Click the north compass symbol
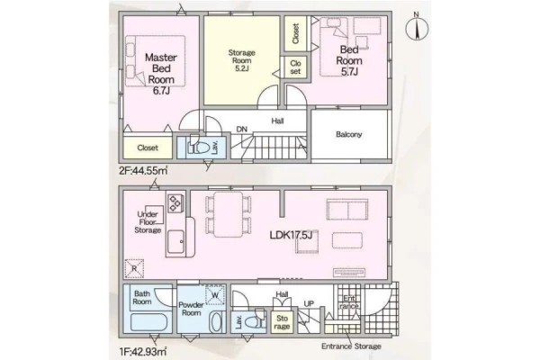pos(417,28)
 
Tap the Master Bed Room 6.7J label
pos(161,74)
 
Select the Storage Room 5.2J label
pos(242,60)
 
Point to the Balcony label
pos(349,134)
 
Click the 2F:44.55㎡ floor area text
pos(143,170)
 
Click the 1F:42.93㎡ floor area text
pos(143,351)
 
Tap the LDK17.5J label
pos(291,235)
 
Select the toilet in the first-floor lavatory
pos(256,319)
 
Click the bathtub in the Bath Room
pos(149,323)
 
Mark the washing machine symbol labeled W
pos(215,295)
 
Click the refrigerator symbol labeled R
pos(134,268)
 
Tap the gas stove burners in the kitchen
pos(175,202)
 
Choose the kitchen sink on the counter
pos(175,242)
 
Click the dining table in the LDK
pos(228,214)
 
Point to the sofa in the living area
pos(347,209)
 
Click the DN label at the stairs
pos(242,130)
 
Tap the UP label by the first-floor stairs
pos(309,304)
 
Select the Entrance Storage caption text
pos(351,346)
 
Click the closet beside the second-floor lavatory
pos(148,148)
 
